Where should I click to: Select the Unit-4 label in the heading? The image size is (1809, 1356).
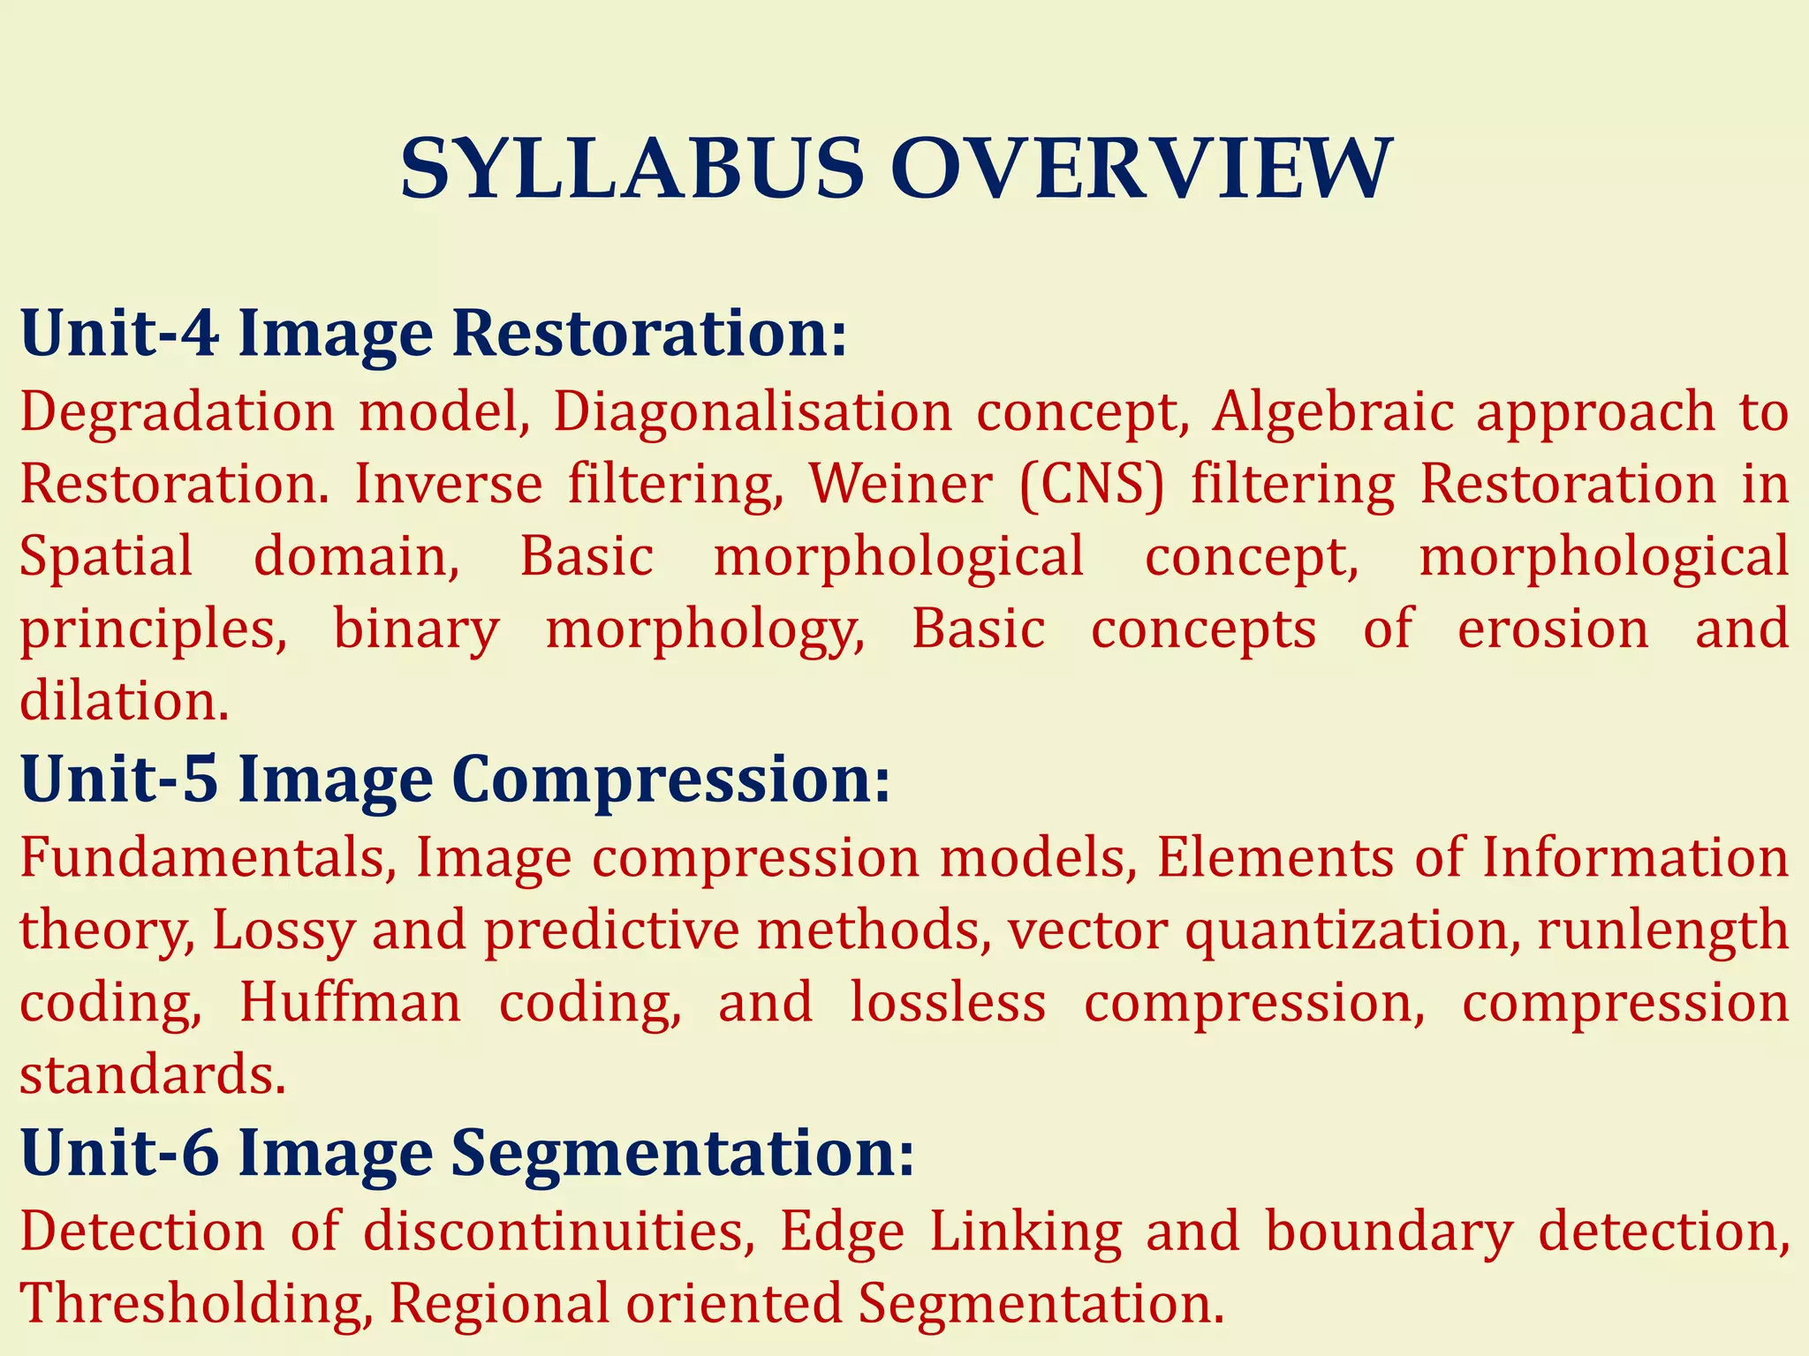[x=119, y=334]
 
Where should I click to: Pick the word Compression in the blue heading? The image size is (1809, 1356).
[x=671, y=781]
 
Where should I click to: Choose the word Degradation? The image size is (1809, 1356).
[x=178, y=413]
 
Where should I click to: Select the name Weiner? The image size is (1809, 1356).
[x=901, y=484]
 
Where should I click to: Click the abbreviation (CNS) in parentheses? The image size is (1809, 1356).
[x=1092, y=486]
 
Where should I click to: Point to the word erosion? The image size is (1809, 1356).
[x=1553, y=629]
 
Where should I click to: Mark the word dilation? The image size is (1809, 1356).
[x=124, y=701]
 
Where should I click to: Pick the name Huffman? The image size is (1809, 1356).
[x=350, y=1003]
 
